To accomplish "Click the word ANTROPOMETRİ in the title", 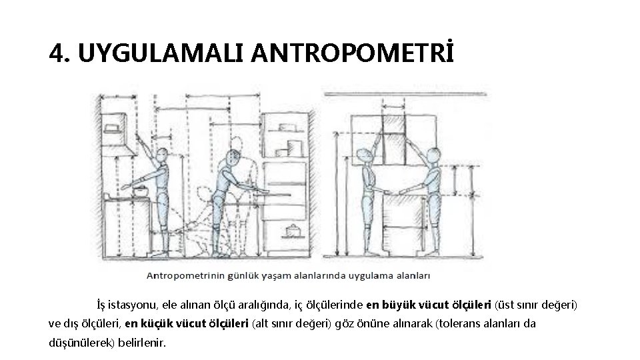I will [x=353, y=53].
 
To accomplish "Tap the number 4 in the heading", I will [x=58, y=53].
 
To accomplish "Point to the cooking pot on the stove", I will [x=141, y=192].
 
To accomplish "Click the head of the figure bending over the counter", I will [x=232, y=159].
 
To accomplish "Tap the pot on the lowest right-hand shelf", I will [x=291, y=231].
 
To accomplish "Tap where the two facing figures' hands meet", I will [x=394, y=191].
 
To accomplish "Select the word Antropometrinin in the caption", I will [x=179, y=275].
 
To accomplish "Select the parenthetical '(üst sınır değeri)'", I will [x=536, y=305].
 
